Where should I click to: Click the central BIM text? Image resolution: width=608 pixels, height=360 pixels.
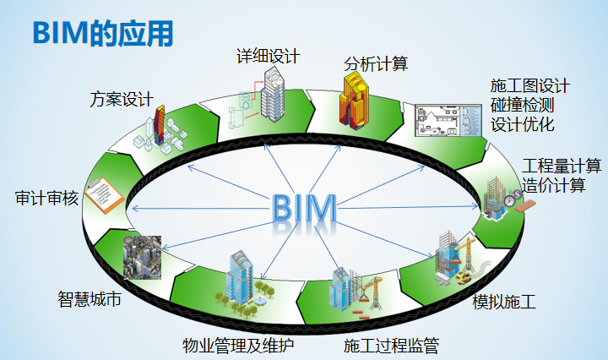coord(305,209)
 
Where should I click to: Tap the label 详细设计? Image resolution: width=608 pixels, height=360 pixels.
coord(268,57)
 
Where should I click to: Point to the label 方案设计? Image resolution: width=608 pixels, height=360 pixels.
coord(121,99)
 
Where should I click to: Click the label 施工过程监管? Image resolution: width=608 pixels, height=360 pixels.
coord(391,345)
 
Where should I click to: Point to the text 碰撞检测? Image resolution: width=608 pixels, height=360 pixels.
coord(522,106)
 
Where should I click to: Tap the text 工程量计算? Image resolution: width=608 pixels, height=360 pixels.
coord(562,166)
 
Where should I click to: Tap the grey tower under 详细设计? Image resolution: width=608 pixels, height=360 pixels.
coord(273,93)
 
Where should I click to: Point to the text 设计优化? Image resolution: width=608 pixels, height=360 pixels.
coord(522,125)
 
